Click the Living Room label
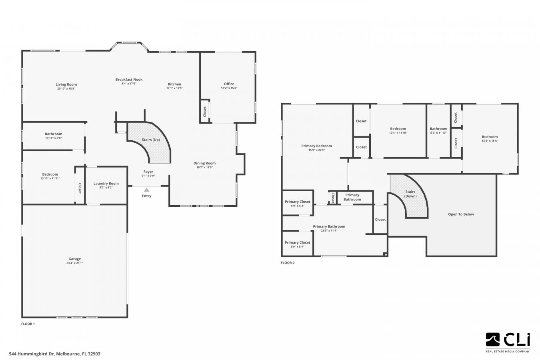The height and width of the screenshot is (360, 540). [66, 84]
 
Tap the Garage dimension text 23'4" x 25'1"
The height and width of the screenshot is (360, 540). [74, 263]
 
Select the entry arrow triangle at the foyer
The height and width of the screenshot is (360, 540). [147, 190]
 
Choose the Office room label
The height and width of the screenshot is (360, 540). [229, 84]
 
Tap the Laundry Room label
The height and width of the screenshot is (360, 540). [106, 183]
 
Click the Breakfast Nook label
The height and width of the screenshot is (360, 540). [129, 79]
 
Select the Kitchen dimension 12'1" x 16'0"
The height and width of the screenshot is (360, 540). [174, 88]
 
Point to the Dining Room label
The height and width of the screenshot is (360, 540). [204, 163]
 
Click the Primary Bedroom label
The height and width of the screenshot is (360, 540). [316, 146]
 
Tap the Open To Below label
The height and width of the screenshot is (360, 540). [461, 214]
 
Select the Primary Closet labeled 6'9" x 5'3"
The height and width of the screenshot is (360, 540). [298, 204]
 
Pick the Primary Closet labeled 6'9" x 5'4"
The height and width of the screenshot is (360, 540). [298, 244]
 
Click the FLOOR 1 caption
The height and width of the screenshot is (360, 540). [28, 324]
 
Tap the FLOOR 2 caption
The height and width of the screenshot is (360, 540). [288, 263]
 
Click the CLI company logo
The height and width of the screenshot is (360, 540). [508, 341]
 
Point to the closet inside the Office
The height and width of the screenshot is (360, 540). [205, 111]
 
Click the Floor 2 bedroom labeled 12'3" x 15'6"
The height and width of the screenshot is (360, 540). [490, 138]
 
